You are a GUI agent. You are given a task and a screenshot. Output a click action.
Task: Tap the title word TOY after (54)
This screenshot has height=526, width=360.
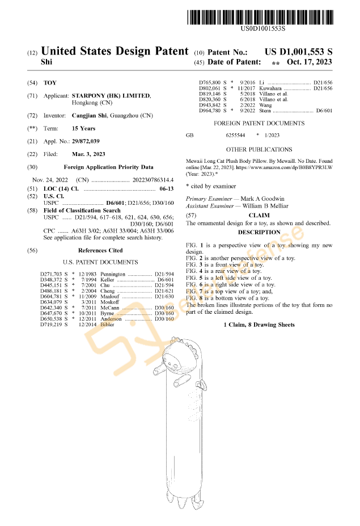[x=50, y=83]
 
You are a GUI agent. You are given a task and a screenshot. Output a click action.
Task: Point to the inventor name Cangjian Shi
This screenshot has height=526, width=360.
[x=91, y=116]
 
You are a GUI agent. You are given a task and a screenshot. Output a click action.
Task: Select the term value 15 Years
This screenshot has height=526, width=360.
[x=84, y=129]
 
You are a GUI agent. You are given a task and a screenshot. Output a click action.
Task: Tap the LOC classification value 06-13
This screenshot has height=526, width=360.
[x=166, y=188]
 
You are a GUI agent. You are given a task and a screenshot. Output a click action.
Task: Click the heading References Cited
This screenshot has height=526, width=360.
[x=100, y=250]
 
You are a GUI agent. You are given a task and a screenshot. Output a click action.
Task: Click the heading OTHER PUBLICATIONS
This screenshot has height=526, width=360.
[x=259, y=150]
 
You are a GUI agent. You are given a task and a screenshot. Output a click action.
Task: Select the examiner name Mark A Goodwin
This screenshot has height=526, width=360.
[x=262, y=199]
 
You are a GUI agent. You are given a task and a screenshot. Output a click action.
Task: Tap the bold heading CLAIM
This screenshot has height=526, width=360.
[x=259, y=216]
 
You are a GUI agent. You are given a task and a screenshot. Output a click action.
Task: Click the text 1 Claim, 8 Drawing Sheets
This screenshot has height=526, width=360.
[x=259, y=325]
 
